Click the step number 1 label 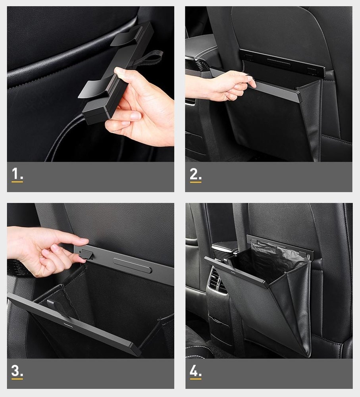pyautogui.click(x=17, y=174)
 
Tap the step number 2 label pyautogui.click(x=195, y=174)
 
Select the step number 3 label pyautogui.click(x=17, y=371)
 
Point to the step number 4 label pyautogui.click(x=195, y=371)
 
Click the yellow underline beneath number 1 pyautogui.click(x=17, y=182)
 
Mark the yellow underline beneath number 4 pyautogui.click(x=195, y=379)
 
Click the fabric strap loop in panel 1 pyautogui.click(x=152, y=59)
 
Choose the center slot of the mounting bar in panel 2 pyautogui.click(x=279, y=62)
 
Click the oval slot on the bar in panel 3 pyautogui.click(x=133, y=265)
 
